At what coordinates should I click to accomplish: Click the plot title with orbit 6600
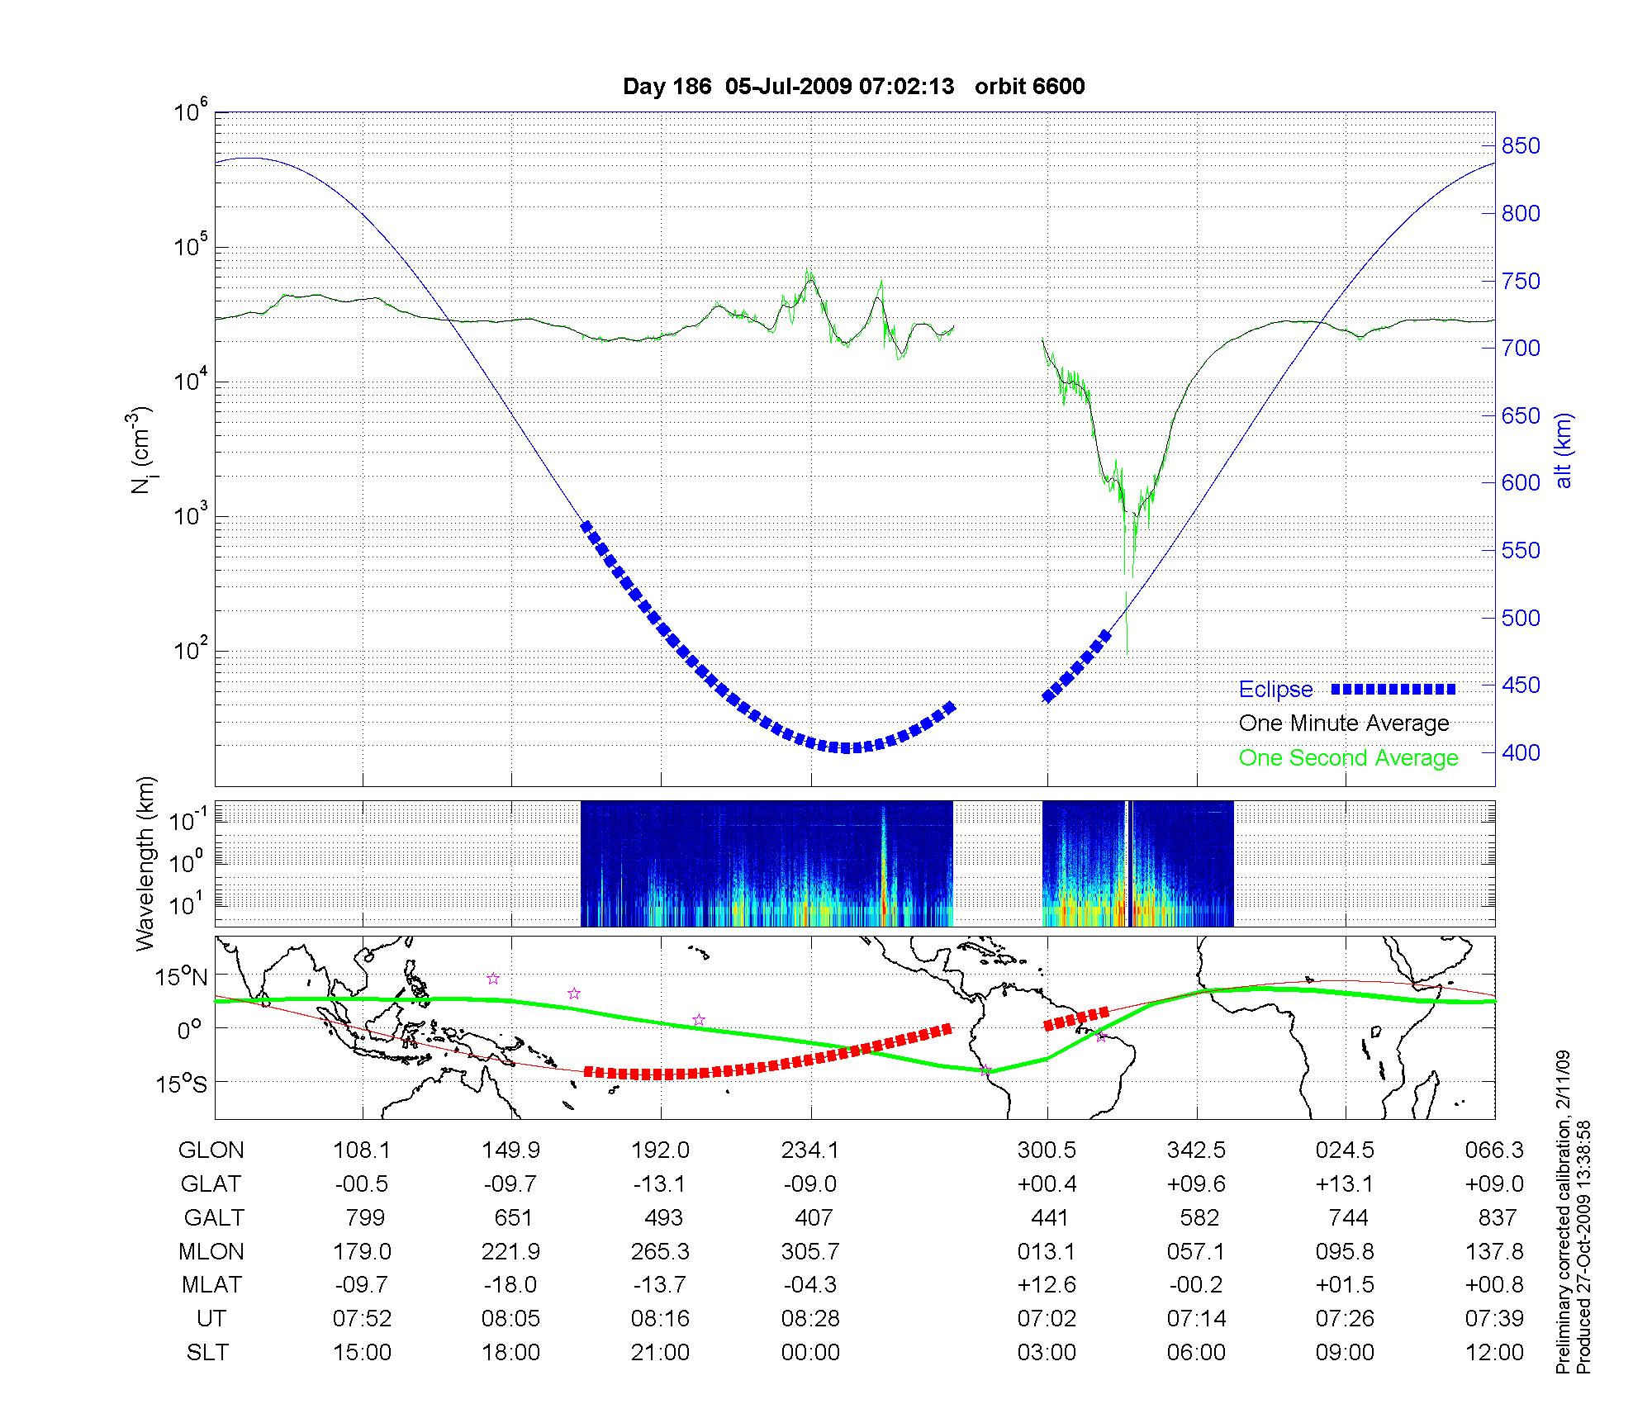[x=853, y=87]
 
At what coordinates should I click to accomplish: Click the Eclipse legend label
[x=1275, y=690]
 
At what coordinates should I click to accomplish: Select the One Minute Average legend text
[x=1344, y=723]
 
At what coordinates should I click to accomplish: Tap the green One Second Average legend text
[x=1348, y=758]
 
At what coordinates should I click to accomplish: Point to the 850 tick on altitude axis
[x=1521, y=146]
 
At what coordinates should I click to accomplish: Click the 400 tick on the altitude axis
[x=1521, y=752]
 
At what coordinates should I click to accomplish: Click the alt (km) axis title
[x=1564, y=450]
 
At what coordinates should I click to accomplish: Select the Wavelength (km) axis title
[x=146, y=864]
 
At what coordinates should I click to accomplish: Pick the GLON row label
[x=211, y=1150]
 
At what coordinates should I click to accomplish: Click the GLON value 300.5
[x=1047, y=1150]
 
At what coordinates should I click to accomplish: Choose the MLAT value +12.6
[x=1047, y=1285]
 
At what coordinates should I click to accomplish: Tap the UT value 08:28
[x=810, y=1319]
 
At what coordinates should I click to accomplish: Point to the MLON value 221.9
[x=510, y=1251]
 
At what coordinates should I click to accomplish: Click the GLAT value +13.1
[x=1345, y=1184]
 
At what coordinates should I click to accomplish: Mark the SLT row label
[x=207, y=1353]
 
